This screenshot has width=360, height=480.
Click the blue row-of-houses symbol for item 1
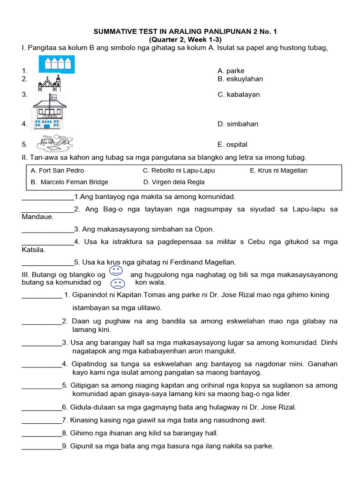(56, 65)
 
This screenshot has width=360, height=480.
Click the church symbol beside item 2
(50, 83)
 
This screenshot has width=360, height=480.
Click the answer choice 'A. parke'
(231, 71)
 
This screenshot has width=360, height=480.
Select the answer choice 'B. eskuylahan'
(240, 79)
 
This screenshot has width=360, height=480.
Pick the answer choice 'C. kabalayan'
(239, 94)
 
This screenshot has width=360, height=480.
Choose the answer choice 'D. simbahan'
(238, 124)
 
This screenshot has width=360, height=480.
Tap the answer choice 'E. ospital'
(232, 144)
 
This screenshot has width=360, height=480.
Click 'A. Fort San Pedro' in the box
(57, 171)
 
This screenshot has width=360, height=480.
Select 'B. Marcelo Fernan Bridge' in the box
(69, 182)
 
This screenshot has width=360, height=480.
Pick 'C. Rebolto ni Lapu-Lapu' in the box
(179, 171)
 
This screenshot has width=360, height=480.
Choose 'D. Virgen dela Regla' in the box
(173, 182)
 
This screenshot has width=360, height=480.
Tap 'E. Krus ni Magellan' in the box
(278, 171)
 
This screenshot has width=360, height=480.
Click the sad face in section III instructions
(118, 284)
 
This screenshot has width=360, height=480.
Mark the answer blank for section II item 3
(48, 230)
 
